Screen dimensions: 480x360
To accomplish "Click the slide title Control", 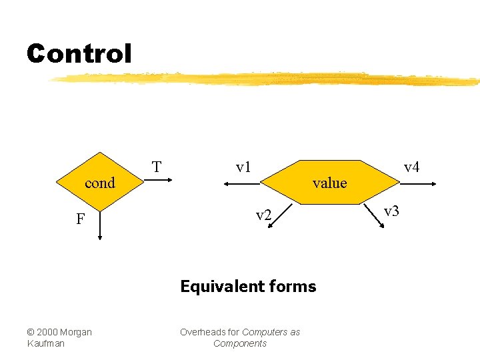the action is coord(79,53).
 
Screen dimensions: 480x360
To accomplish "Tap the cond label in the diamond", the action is coord(100,183).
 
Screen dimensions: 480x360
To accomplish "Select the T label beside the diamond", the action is coord(156,167).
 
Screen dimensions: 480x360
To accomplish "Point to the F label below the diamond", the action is coord(80,219).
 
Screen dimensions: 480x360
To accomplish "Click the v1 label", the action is coord(243,167).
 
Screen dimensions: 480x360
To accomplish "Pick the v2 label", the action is coord(264,215).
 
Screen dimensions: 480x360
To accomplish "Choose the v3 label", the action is coord(391,211).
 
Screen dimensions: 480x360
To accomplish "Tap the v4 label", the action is coord(411,167).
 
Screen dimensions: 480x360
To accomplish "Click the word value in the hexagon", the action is coord(329,183).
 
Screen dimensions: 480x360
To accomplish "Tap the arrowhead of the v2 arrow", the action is coord(270,227).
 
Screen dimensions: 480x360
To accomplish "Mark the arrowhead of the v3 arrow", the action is coord(383,227).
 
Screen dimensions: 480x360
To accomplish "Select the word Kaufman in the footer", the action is coord(45,343).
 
